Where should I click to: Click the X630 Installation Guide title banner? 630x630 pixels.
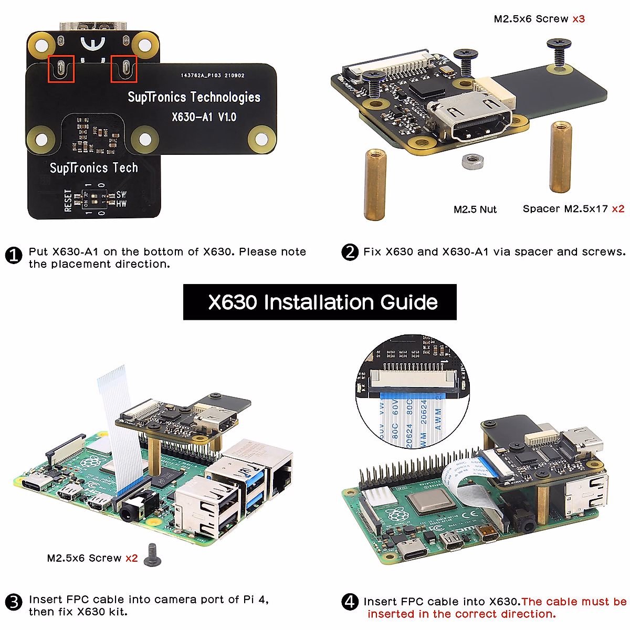(320, 302)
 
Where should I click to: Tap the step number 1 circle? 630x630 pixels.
(14, 256)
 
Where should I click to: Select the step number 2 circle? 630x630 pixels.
(350, 252)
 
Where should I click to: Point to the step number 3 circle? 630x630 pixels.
(14, 602)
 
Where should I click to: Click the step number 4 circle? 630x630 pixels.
(350, 602)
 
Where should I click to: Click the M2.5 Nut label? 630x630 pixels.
(475, 209)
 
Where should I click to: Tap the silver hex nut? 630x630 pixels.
(472, 161)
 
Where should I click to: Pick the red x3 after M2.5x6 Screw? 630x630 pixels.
(579, 19)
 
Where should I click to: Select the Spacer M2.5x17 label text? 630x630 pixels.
(565, 209)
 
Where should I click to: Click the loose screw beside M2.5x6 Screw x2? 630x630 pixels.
(153, 555)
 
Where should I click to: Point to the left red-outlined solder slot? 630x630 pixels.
(61, 69)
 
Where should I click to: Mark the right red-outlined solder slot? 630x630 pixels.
(124, 69)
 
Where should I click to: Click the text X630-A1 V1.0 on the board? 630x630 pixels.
(204, 117)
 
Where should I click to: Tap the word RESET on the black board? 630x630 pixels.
(68, 201)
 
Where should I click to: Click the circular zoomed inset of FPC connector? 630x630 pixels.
(412, 392)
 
